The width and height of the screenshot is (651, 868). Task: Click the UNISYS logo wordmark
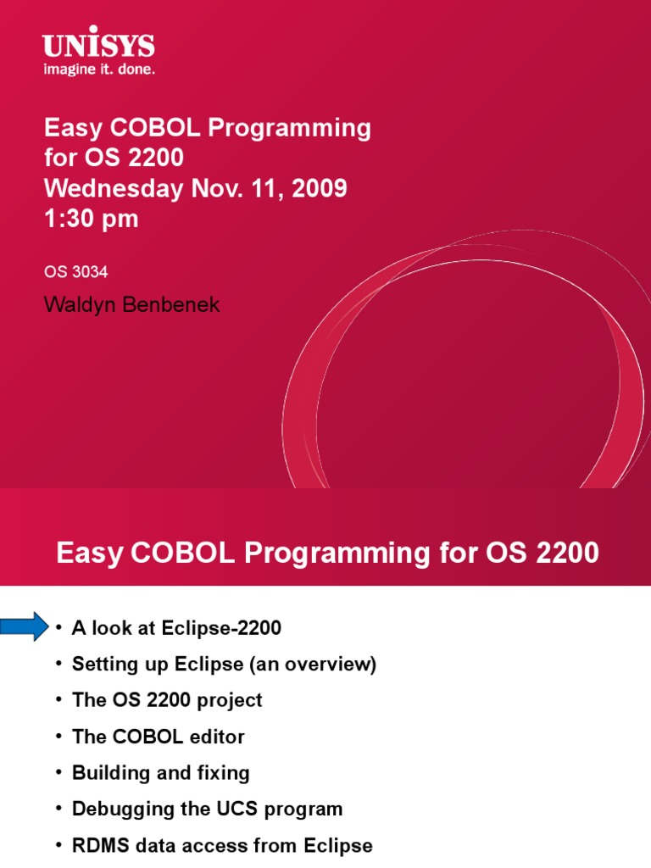(98, 46)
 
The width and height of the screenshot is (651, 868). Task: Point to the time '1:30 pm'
(91, 219)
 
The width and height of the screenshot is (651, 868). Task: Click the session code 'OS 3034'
(75, 272)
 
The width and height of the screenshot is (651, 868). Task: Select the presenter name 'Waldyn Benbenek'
(131, 305)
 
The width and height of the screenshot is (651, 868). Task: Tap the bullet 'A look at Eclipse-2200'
(176, 628)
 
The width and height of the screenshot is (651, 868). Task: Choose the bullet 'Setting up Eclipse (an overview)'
(224, 665)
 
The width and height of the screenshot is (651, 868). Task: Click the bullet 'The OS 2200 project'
(167, 700)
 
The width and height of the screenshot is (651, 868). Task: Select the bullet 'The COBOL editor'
(159, 737)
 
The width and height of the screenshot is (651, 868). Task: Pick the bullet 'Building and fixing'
(160, 773)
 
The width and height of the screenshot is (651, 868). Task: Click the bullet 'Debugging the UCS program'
(207, 809)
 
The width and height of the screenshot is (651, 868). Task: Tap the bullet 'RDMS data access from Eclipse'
(222, 845)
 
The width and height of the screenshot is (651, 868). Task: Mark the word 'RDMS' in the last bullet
(98, 845)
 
